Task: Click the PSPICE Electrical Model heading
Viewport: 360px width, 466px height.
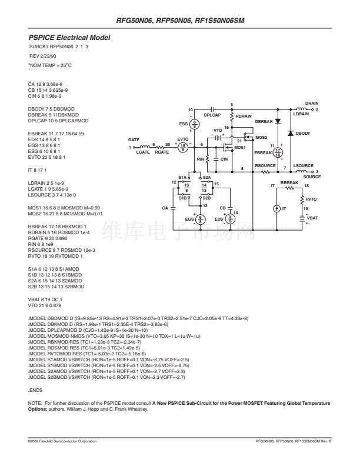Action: point(69,38)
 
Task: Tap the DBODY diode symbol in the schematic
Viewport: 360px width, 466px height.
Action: point(291,133)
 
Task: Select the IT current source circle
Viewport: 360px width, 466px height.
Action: point(277,209)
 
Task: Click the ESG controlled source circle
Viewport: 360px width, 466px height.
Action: point(194,124)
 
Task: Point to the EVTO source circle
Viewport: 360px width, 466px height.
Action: point(183,147)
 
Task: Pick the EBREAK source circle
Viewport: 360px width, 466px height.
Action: point(278,153)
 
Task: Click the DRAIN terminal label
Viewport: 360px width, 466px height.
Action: point(312,104)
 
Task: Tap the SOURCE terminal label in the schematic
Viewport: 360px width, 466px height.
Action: point(312,177)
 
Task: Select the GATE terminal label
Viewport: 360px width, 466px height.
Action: point(134,139)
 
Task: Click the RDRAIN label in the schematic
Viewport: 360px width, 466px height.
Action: point(244,116)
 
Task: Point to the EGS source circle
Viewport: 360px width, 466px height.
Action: point(200,219)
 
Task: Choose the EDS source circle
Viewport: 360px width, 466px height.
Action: point(230,219)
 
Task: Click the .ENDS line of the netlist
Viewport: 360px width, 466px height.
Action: point(35,390)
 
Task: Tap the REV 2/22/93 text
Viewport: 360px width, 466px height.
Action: point(43,56)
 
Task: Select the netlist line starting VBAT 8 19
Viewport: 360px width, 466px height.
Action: point(45,299)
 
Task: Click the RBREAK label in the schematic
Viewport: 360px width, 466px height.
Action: point(289,183)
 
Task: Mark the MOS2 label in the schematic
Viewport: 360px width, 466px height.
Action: point(261,138)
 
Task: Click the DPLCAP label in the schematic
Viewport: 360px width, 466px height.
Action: point(212,115)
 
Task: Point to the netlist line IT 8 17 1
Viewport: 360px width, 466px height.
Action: point(37,170)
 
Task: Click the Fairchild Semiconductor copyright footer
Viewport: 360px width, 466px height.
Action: point(62,441)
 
